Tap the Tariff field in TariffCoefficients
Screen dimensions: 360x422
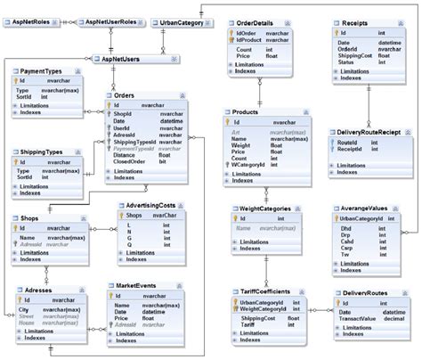click(249, 323)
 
